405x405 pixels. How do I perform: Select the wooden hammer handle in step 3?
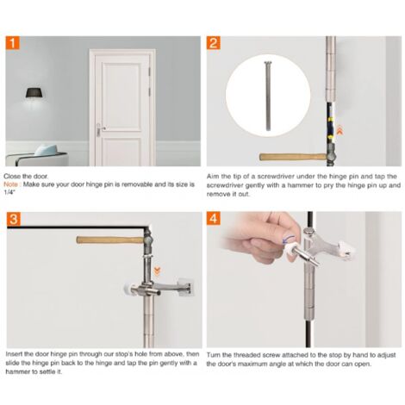click(107, 239)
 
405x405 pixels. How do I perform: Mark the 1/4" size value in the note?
click(11, 190)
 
